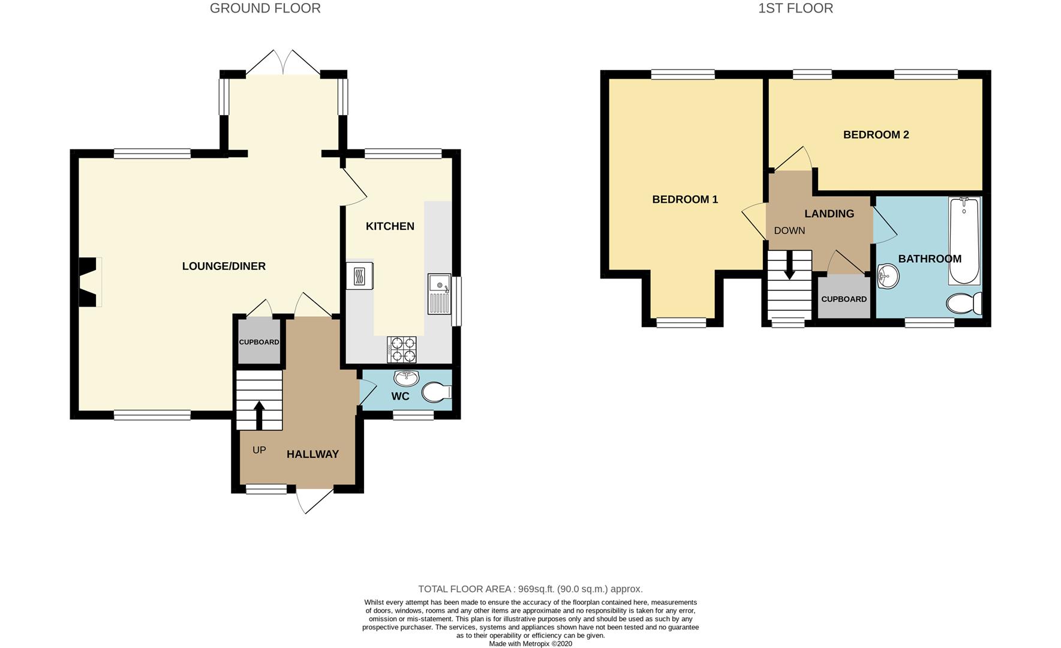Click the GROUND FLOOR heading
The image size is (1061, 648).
coord(265,8)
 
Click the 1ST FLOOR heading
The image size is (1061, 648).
coord(795,8)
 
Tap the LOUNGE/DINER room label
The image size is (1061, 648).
coord(224,266)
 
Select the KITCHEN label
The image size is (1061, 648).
coord(390,226)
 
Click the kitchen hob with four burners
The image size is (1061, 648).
coord(402,350)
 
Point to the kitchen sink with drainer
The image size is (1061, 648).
coord(439,294)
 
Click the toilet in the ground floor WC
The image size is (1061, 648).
coord(437,393)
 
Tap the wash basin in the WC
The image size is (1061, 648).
coord(407,377)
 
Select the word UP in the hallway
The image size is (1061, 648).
coord(259,450)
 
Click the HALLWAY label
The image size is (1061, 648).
coord(312,455)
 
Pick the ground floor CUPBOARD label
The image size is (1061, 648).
coord(259,342)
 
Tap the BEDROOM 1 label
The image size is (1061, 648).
coord(685,200)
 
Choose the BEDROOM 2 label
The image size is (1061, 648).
coord(876,135)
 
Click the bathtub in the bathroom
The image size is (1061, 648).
coord(964,241)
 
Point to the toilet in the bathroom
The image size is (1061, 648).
coord(964,303)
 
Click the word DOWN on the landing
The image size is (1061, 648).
coord(789,231)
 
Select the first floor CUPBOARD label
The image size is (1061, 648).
coord(844,299)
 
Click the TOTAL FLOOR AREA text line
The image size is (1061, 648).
coord(530,589)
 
